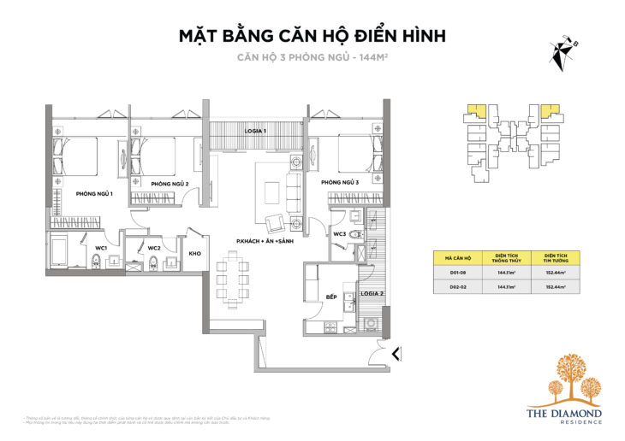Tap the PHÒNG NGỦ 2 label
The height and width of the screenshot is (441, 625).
(170, 184)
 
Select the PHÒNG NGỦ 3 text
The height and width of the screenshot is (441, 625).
(340, 182)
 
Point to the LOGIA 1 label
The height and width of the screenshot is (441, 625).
(254, 131)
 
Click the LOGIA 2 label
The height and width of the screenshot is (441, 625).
(370, 293)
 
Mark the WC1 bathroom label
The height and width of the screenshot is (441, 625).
(101, 249)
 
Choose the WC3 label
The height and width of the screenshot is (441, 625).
(340, 233)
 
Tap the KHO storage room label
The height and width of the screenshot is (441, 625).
(195, 253)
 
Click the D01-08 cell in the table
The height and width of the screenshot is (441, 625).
(458, 273)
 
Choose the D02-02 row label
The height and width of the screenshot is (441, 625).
(458, 288)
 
